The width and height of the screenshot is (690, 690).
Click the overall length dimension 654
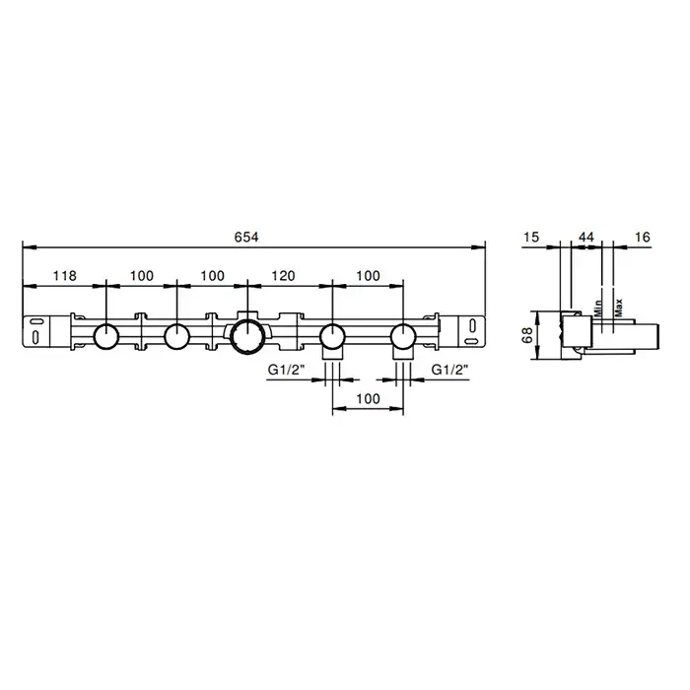[x=246, y=238]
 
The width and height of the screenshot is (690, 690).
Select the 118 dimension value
[x=65, y=276]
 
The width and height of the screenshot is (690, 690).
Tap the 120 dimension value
[x=283, y=276]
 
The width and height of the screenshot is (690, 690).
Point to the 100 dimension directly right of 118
[x=142, y=276]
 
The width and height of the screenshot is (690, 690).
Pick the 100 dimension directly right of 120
[x=368, y=276]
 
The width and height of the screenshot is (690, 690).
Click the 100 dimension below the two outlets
[x=368, y=398]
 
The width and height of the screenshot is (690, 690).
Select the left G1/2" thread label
[x=287, y=370]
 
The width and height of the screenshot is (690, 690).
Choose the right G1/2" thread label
[x=449, y=370]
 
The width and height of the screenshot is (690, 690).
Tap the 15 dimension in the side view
[x=531, y=238]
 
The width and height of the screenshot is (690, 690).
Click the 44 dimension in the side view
[x=586, y=238]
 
